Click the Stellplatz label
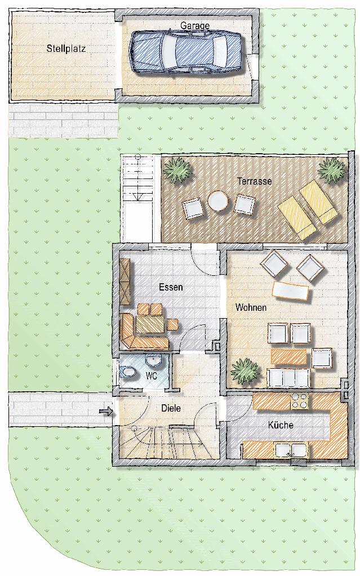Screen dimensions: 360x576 66,48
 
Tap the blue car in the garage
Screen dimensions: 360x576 186,52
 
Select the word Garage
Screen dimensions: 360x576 195,25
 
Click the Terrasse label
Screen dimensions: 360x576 255,181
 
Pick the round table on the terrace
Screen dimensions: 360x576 218,202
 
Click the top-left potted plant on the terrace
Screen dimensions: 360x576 179,171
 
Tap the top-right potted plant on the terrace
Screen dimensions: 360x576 332,169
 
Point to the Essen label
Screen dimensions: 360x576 171,287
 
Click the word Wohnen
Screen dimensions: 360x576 251,307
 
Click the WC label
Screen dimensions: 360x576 152,376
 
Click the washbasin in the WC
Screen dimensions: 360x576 154,361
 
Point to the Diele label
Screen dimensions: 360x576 171,408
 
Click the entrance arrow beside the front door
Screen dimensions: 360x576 105,411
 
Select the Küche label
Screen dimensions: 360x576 281,425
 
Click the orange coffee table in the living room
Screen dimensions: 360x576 288,356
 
